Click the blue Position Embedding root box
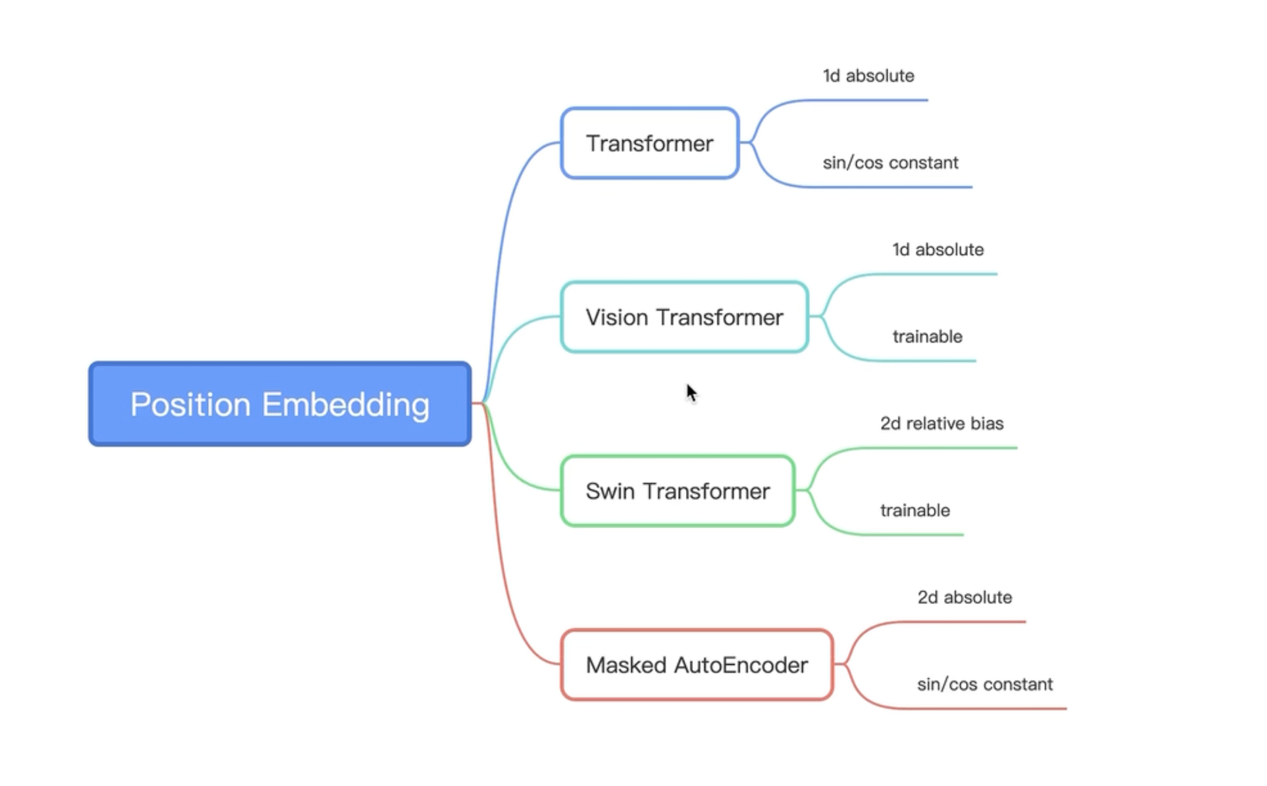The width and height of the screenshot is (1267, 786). coord(280,404)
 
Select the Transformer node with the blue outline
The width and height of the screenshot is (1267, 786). coord(650,143)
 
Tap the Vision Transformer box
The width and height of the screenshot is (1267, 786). coord(684,317)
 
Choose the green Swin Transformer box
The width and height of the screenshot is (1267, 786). coord(677,491)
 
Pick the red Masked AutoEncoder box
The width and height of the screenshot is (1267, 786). coord(697,664)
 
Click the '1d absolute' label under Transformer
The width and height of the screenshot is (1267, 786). coord(869,76)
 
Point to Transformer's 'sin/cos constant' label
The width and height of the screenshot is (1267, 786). coord(890,163)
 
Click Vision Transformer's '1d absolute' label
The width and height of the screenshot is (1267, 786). coord(938,250)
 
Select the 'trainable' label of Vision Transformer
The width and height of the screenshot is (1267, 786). coord(927,337)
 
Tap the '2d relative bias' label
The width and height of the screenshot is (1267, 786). coord(942,424)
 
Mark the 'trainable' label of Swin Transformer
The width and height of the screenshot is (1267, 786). coord(915,510)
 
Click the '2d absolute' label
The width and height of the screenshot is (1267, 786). coord(964,597)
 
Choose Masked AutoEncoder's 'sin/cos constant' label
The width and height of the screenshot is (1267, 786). coord(985,684)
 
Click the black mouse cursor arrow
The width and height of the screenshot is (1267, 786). coord(691,392)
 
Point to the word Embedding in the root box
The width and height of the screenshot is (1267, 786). coord(345,405)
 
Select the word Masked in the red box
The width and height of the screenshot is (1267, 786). coord(626,664)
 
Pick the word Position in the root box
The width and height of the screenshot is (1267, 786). coord(190,405)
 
